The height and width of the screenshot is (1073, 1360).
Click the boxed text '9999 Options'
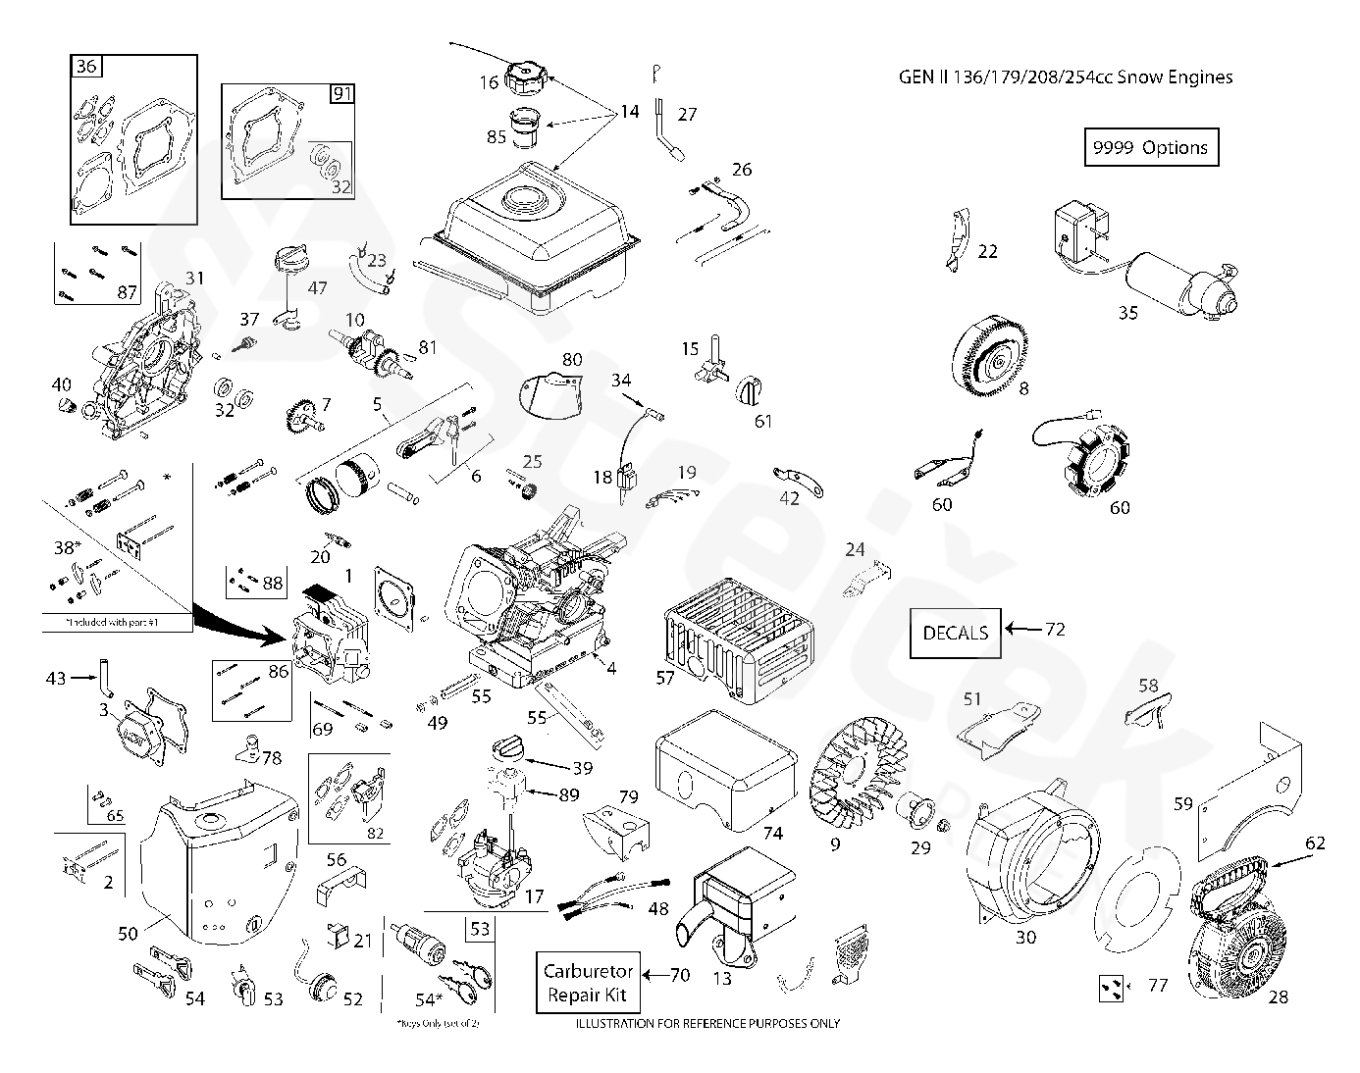pos(1150,147)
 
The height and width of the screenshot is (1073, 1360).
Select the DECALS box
pos(955,633)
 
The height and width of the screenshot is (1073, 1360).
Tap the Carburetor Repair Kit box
pos(588,982)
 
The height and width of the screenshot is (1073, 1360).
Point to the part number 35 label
pos(1128,313)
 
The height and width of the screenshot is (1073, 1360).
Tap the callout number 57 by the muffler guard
pos(665,677)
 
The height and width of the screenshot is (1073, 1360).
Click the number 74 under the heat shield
pos(773,833)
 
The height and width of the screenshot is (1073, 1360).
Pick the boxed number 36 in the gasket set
pos(86,67)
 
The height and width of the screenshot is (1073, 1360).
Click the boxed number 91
pos(341,94)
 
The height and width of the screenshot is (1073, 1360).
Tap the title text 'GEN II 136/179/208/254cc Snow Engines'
pos(1066,77)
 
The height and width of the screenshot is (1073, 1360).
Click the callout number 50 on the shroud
pos(128,934)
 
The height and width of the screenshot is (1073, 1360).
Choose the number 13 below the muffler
pos(721,979)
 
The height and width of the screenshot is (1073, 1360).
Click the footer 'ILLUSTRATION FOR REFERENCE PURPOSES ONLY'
pos(706,1024)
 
